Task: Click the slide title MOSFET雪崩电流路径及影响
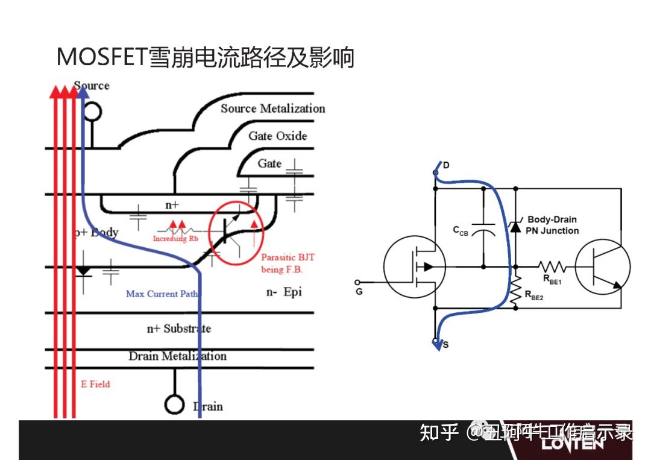205,58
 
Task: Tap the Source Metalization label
272,109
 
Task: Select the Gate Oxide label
277,136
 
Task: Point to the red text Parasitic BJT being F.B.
288,263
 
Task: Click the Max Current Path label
162,294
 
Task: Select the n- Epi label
283,292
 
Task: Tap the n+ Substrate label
179,329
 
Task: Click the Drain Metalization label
177,356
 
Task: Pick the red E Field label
95,384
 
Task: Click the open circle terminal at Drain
174,405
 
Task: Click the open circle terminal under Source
92,112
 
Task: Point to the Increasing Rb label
175,239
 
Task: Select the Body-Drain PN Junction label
552,225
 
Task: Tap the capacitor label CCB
461,231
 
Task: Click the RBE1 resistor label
552,279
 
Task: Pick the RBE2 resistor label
534,295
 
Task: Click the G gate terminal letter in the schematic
359,292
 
